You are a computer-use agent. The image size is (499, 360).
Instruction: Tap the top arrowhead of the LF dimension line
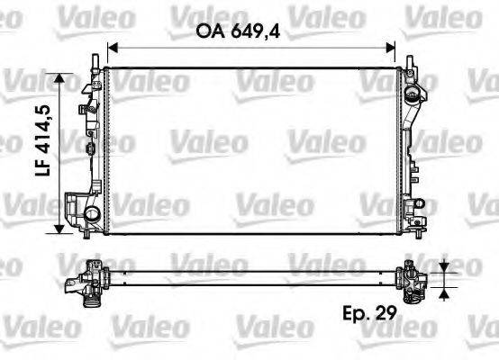coord(62,79)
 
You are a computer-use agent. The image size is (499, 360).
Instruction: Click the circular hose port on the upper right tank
coord(413,94)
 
